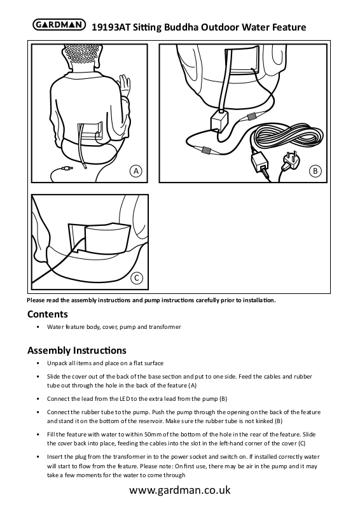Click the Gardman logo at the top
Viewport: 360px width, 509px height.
point(59,25)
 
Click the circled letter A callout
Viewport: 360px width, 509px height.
point(136,171)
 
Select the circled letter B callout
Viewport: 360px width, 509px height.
point(315,171)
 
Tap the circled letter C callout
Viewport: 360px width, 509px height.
point(137,278)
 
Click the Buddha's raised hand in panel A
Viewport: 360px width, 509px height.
point(124,85)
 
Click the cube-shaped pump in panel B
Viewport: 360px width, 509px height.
point(220,122)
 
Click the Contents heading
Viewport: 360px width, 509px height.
point(48,314)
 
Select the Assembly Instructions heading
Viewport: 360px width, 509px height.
point(77,351)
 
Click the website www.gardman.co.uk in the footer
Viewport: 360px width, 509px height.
point(180,490)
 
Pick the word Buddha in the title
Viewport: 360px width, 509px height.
point(181,27)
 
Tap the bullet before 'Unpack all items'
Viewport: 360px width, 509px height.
point(38,363)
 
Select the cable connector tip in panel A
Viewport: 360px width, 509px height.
point(67,169)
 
